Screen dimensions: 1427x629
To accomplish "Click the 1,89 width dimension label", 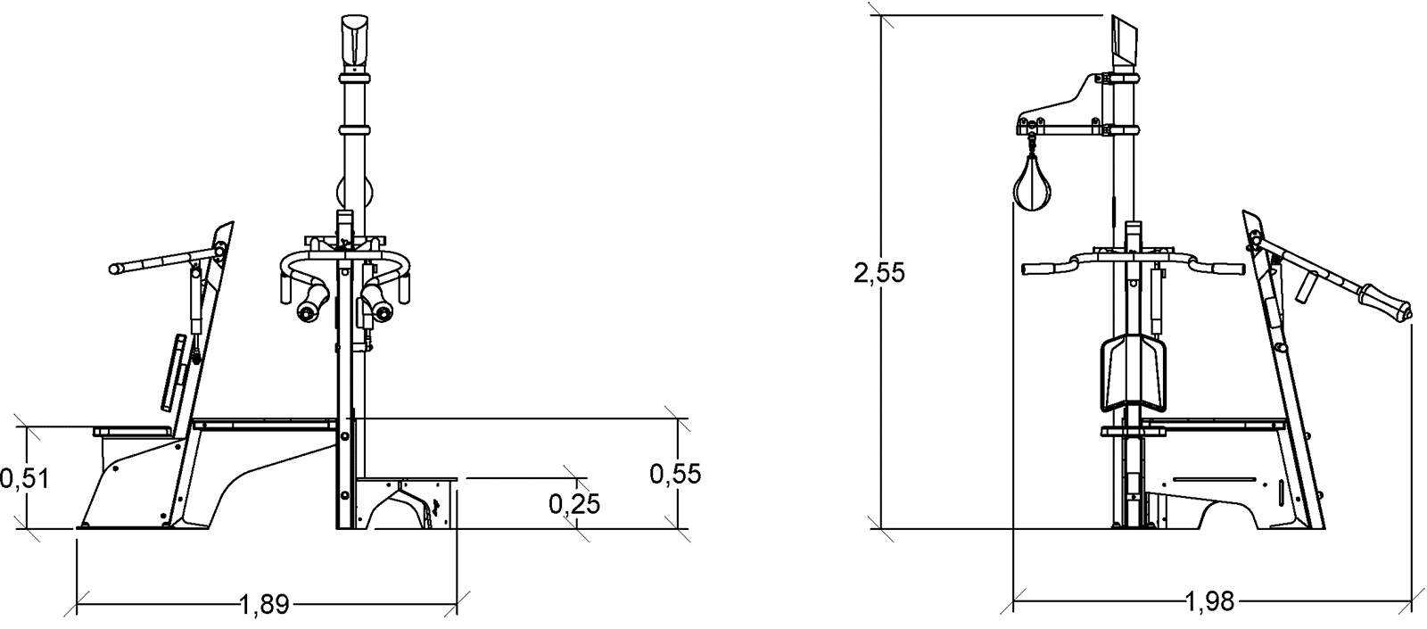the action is [x=264, y=604].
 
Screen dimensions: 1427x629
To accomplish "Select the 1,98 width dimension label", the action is [x=1209, y=601].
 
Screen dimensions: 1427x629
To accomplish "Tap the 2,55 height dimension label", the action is [x=879, y=272].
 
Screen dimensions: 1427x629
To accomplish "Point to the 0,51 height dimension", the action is [x=24, y=478].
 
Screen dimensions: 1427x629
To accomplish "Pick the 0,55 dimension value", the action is [x=675, y=474].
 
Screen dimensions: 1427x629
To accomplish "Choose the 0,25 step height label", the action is [x=574, y=504].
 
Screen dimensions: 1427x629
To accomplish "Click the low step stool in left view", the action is [x=408, y=502].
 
